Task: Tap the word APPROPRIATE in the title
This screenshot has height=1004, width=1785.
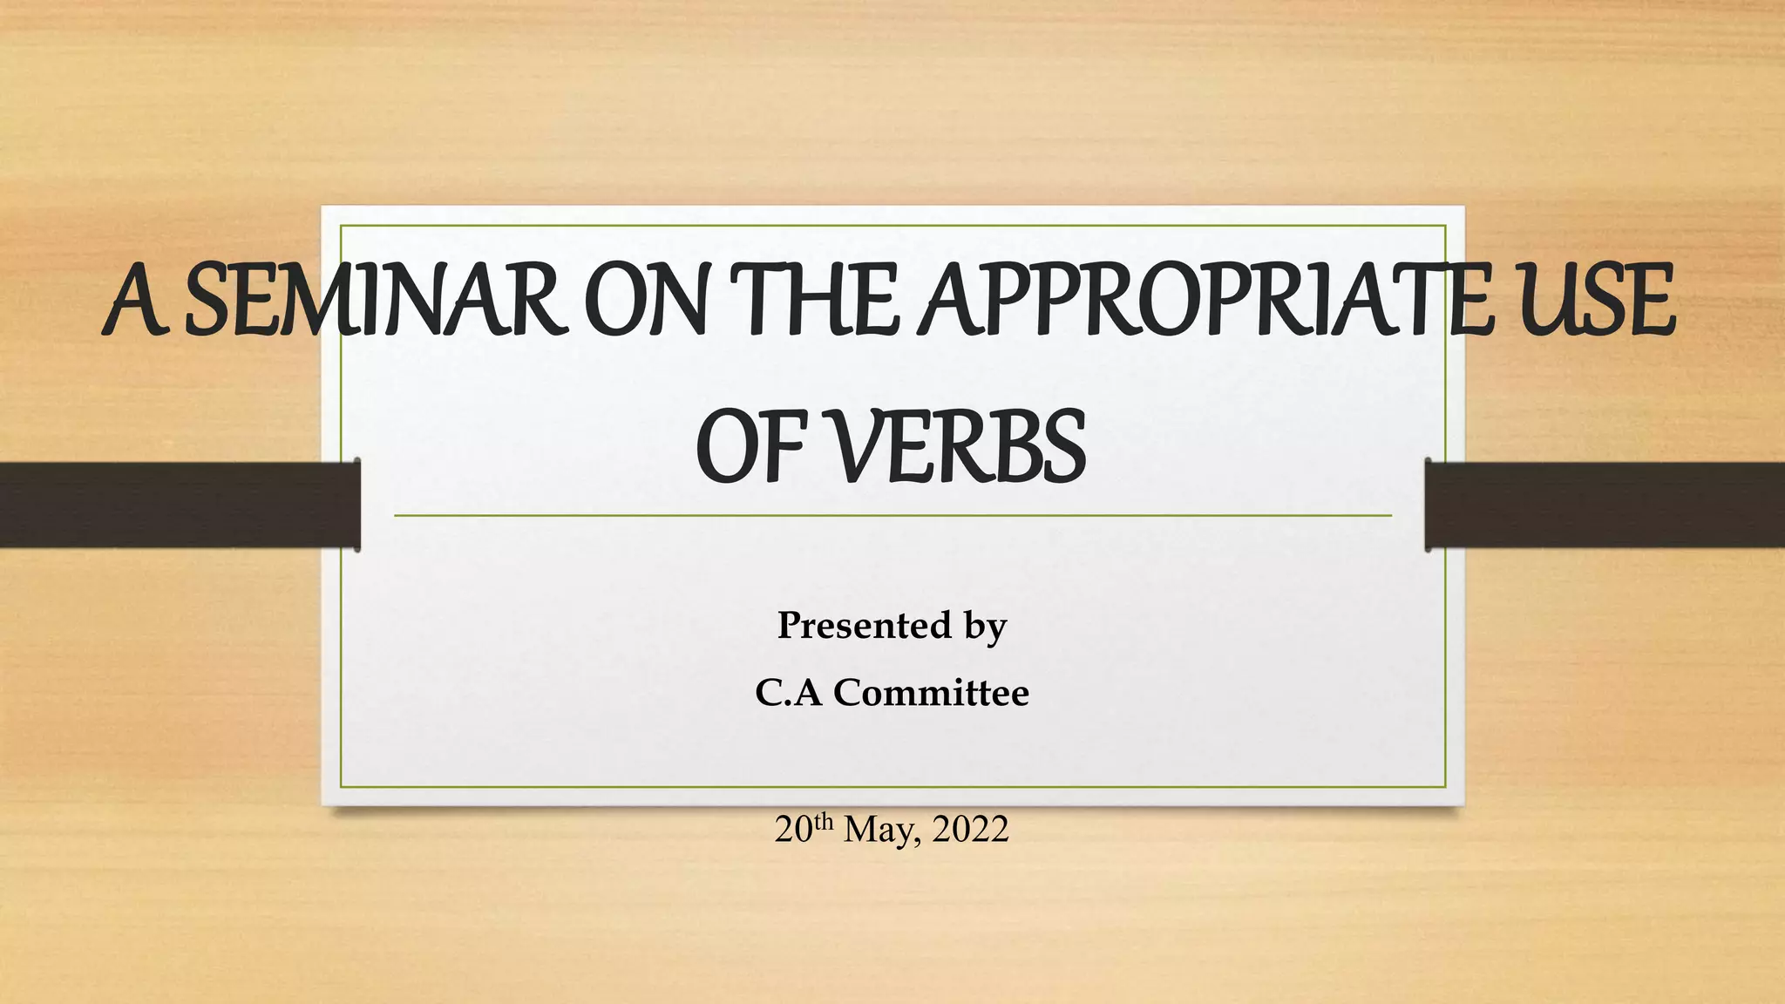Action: point(1204,302)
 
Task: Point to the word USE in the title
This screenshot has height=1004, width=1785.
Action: point(1594,302)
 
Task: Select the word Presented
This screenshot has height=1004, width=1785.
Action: point(864,626)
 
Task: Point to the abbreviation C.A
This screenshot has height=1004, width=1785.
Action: point(788,694)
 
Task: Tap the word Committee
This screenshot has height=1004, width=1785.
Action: point(931,694)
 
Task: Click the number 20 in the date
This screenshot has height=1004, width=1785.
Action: point(793,830)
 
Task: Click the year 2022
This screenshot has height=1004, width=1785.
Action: point(970,830)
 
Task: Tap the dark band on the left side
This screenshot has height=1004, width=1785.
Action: point(174,505)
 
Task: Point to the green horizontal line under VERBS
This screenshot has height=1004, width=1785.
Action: point(892,516)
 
